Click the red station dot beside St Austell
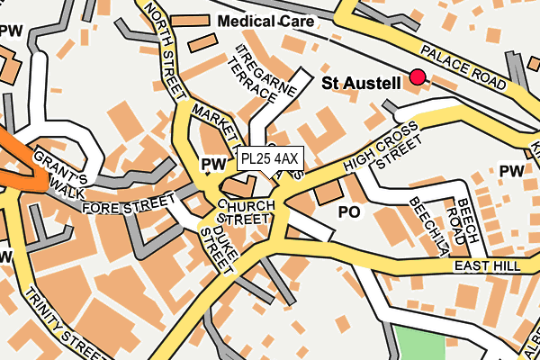pyautogui.click(x=417, y=77)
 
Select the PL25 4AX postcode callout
pyautogui.click(x=270, y=159)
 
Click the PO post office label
pyautogui.click(x=348, y=211)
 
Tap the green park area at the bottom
pyautogui.click(x=420, y=343)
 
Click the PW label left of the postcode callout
pyautogui.click(x=212, y=164)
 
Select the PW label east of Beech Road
pyautogui.click(x=511, y=171)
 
